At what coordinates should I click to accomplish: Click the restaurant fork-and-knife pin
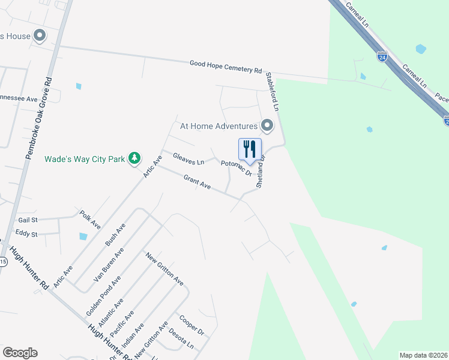tap(250, 149)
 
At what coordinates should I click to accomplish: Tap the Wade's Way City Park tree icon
tap(136, 158)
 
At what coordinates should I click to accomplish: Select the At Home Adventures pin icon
tap(267, 126)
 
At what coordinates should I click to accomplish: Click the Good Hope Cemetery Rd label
tap(226, 66)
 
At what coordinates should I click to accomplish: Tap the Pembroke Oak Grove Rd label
tap(38, 117)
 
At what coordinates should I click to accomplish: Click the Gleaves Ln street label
tap(188, 159)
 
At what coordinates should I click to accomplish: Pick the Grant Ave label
tap(197, 183)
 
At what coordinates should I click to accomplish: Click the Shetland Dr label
tap(261, 173)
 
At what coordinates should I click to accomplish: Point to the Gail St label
tap(28, 220)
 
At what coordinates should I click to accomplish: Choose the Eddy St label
tap(26, 233)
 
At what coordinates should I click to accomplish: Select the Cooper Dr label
tap(191, 325)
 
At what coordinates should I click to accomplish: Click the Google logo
tap(20, 353)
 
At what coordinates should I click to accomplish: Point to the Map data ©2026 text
tap(423, 355)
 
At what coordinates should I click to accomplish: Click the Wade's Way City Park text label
tap(84, 159)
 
